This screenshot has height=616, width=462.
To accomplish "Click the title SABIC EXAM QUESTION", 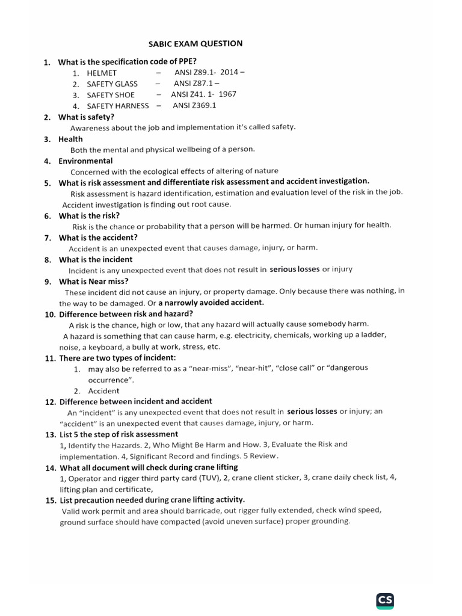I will click(x=196, y=43).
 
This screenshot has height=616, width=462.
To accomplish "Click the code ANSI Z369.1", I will click(x=194, y=105).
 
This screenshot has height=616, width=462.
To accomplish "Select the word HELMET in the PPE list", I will click(x=102, y=73).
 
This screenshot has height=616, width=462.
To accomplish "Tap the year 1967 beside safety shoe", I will click(x=227, y=94).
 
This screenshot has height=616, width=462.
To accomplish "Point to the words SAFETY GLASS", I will click(x=112, y=84).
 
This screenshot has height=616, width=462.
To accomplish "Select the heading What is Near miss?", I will click(x=93, y=281).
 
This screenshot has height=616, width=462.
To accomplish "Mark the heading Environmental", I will click(x=85, y=161).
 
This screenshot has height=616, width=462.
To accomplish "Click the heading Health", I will click(x=70, y=139).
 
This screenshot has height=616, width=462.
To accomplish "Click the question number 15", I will click(x=51, y=500).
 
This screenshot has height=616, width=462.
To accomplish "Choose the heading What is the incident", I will click(x=96, y=259).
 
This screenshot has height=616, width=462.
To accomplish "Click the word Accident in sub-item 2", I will click(x=103, y=391).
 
